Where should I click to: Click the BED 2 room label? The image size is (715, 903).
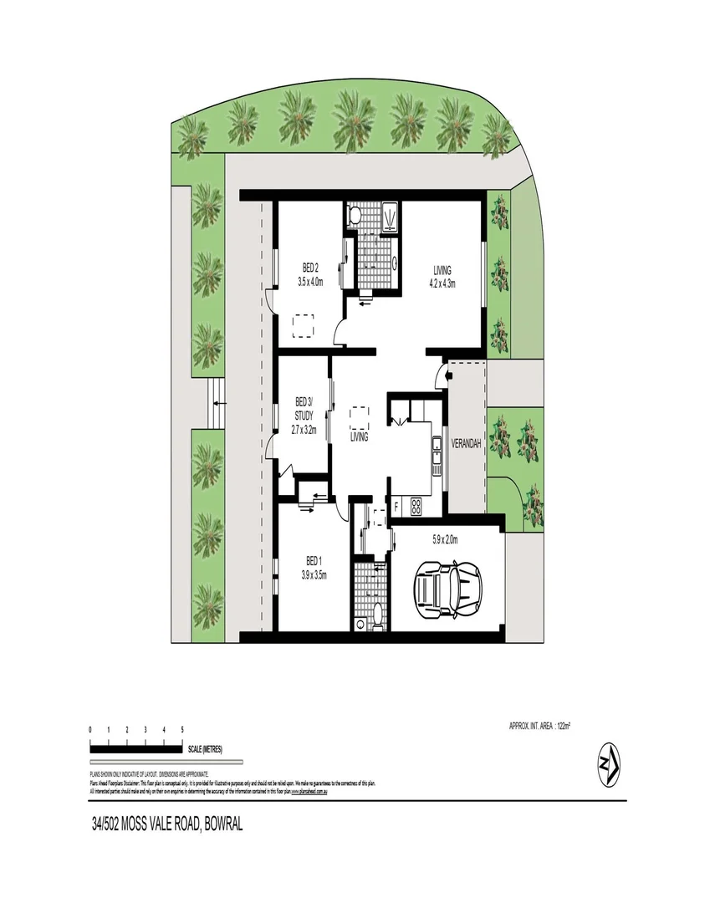(310, 268)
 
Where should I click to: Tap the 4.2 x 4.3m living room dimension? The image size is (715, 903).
(442, 283)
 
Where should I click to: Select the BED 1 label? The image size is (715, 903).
(312, 560)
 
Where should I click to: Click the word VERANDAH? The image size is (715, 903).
(465, 444)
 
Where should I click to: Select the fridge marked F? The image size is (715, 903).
(396, 506)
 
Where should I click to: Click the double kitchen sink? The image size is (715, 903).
(436, 451)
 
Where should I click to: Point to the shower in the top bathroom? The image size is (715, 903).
(389, 216)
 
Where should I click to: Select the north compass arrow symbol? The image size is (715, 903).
(610, 763)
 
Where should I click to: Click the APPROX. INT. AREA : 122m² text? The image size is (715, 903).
(539, 726)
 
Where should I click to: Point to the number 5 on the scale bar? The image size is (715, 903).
(182, 730)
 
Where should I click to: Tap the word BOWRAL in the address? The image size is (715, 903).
(219, 823)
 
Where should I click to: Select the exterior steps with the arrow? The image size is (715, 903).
(216, 404)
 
